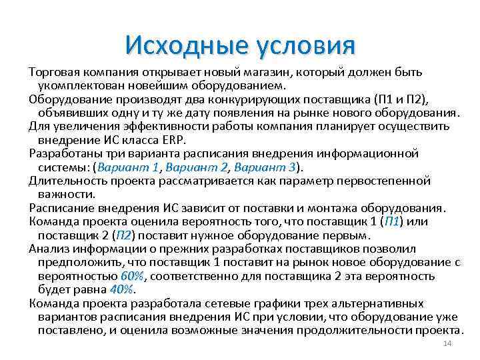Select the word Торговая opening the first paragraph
(53, 72)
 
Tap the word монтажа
(350, 207)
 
